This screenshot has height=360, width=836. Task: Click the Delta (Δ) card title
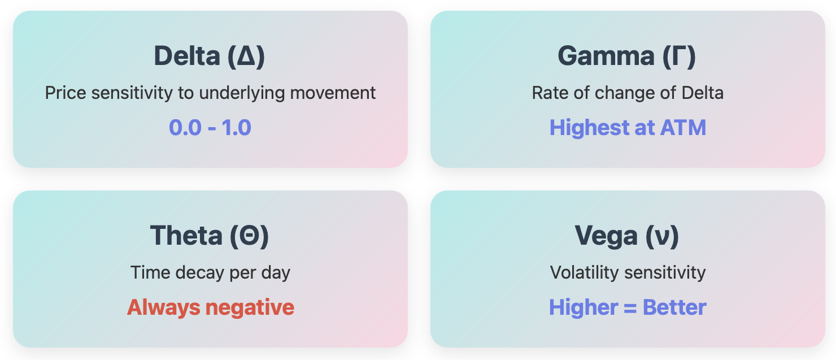[x=210, y=57]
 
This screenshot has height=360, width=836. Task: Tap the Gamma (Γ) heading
[x=627, y=57]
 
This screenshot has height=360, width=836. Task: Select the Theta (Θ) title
[x=210, y=236]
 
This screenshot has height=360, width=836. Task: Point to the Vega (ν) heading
[x=627, y=236]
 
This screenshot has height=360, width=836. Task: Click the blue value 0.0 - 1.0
[x=210, y=127]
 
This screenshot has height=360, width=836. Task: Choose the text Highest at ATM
[x=628, y=127]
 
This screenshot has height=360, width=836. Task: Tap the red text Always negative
[x=211, y=307]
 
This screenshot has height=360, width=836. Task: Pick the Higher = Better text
[x=628, y=307]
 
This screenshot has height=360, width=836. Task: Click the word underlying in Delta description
[x=242, y=93]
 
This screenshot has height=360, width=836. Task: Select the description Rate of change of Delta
[x=628, y=93]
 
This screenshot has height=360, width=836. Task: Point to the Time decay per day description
[x=211, y=273]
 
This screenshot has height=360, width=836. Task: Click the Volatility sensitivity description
[x=628, y=272]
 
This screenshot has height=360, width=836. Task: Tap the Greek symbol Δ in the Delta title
[x=246, y=57]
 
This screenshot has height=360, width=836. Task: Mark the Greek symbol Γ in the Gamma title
[x=679, y=57]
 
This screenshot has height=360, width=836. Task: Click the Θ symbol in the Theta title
[x=249, y=236]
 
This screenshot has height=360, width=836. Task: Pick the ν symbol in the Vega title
[x=662, y=238]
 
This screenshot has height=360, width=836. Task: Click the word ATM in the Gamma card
[x=683, y=127]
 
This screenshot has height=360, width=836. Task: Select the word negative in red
[x=250, y=308]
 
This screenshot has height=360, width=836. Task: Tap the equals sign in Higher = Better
[x=630, y=308]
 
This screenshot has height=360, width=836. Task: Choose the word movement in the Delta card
[x=333, y=93]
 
